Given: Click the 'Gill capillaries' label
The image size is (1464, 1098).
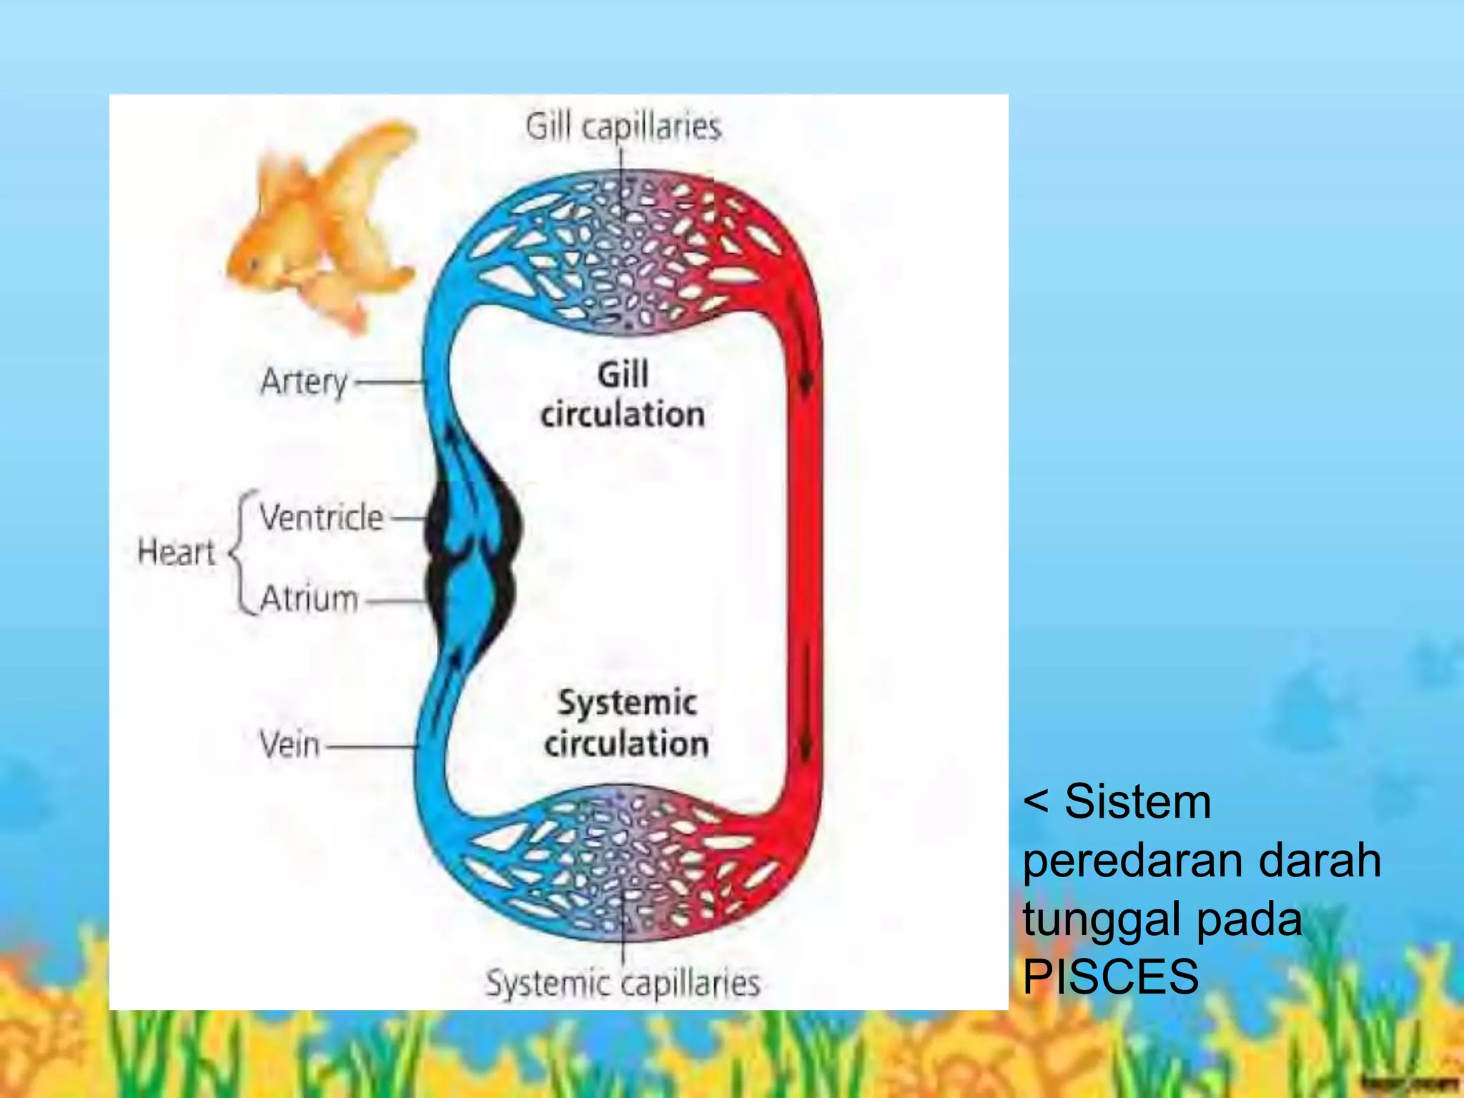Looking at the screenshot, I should (x=623, y=127).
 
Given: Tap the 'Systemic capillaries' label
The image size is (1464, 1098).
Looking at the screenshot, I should (x=623, y=983).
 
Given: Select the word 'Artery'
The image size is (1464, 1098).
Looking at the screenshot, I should (x=304, y=382).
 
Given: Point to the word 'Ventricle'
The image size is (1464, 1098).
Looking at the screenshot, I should (x=321, y=517).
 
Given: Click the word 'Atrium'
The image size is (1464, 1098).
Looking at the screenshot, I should (x=309, y=598).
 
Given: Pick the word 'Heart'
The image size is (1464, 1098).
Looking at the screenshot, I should (x=176, y=552).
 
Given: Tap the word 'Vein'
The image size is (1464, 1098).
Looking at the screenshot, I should (x=289, y=745).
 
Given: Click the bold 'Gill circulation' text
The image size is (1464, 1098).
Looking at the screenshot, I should (x=623, y=395).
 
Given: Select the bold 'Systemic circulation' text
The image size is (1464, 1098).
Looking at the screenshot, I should (x=626, y=723).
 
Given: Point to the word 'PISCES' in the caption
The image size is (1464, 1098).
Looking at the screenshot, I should (x=1110, y=976).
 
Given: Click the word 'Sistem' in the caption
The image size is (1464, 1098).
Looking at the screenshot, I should (x=1137, y=801).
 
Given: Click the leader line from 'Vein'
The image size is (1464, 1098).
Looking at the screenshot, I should (x=370, y=746).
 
